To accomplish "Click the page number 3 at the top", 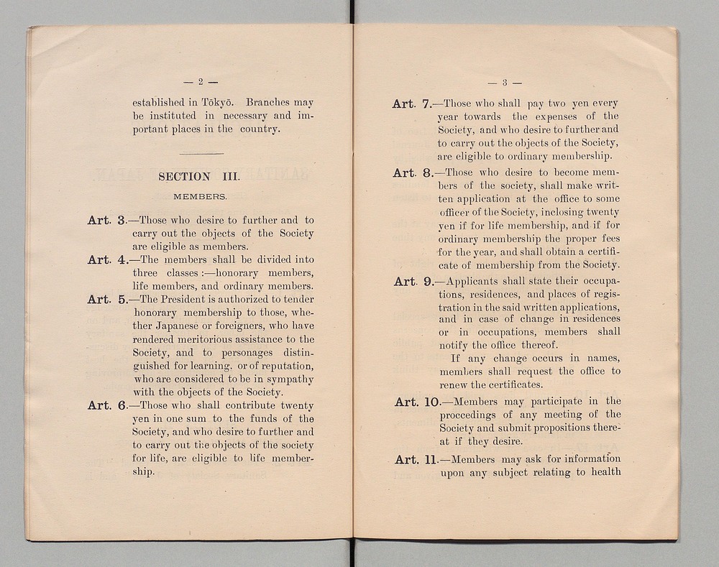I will coord(505,82).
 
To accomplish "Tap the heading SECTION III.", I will coord(198,177).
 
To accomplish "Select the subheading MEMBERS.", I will coord(200,195).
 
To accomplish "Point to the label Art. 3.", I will coord(107,221).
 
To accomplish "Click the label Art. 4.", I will coord(107,260).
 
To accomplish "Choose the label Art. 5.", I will coord(107,300).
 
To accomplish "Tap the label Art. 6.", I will coord(107,406).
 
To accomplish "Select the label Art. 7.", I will coord(412,104).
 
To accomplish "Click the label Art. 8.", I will coord(412,173).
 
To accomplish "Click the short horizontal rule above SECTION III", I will coord(200,153).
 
